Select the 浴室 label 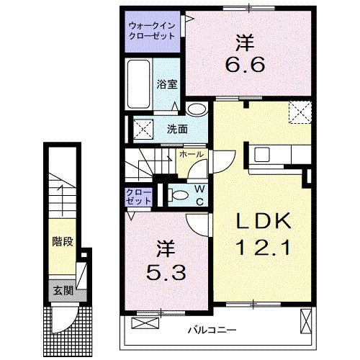click(166, 84)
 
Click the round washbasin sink click(195, 110)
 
